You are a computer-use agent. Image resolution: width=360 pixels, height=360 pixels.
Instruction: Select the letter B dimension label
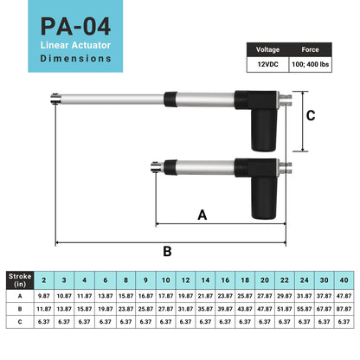click(x=167, y=250)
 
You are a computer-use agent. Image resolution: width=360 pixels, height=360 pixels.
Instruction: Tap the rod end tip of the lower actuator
click(x=154, y=168)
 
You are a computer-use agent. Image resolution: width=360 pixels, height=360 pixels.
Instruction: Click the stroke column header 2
click(x=43, y=280)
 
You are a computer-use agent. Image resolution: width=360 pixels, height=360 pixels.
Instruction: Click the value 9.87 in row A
click(x=43, y=295)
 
